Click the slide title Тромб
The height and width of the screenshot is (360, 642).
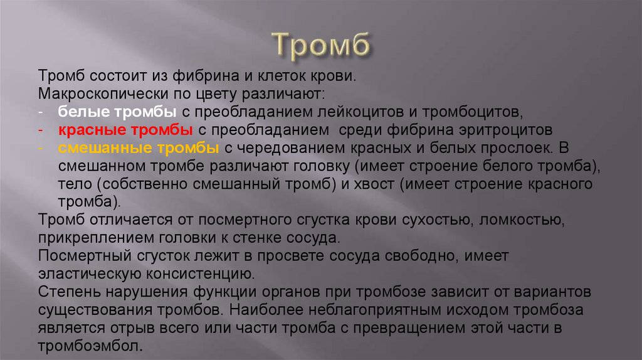point(320,45)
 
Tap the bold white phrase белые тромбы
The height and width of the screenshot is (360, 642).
point(117,112)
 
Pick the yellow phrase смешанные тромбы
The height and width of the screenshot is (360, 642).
point(139,149)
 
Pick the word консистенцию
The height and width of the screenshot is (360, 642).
point(199,275)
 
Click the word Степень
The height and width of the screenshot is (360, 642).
point(65,293)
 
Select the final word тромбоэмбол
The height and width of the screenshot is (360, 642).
point(90,346)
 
